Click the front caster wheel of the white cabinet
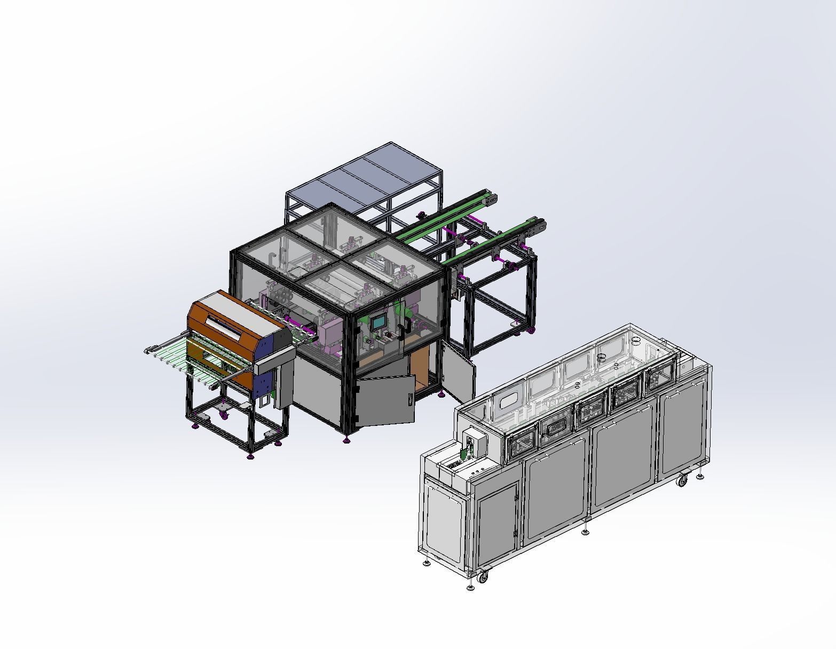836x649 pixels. coord(482,576)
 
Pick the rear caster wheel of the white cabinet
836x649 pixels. coord(682,480)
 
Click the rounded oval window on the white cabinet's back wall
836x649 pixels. coord(507,399)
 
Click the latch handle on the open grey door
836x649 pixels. coord(409,399)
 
